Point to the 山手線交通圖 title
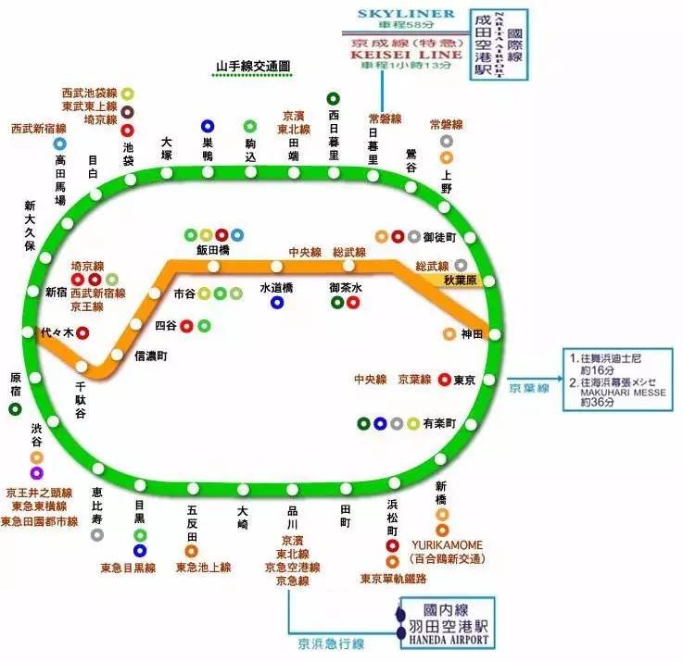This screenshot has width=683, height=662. click(253, 68)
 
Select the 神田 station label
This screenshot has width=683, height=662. click(473, 334)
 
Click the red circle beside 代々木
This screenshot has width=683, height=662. click(82, 332)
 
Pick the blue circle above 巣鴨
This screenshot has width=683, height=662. click(208, 126)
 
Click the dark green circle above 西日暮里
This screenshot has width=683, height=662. click(334, 98)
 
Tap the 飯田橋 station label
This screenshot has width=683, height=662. click(212, 250)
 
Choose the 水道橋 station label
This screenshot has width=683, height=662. click(276, 287)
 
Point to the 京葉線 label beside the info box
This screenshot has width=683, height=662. click(529, 388)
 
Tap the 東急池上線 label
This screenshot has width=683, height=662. click(203, 567)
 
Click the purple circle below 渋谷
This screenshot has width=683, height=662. click(36, 473)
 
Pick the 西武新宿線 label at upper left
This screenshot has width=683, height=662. click(39, 128)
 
